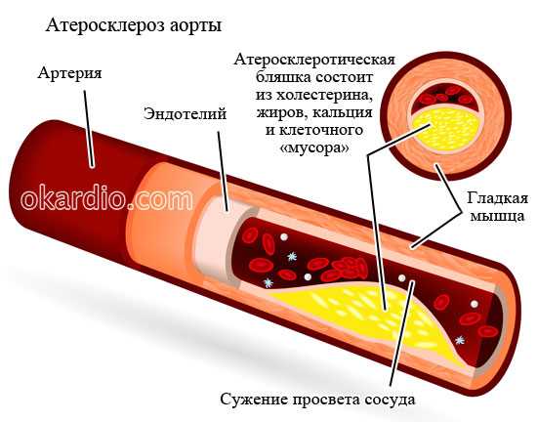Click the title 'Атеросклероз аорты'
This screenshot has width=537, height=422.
[x=134, y=26]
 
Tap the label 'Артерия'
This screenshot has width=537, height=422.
[x=70, y=73]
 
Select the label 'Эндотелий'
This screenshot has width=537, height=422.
[x=185, y=113]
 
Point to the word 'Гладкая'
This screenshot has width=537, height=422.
[x=497, y=199]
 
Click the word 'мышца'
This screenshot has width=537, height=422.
[x=497, y=217]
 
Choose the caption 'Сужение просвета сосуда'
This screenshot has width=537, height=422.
[x=317, y=400]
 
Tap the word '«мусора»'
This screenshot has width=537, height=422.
[x=315, y=148]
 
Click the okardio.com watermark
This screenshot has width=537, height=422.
[x=106, y=198]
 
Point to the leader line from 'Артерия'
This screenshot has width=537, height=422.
[x=88, y=129]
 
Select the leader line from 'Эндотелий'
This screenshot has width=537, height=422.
[x=223, y=170]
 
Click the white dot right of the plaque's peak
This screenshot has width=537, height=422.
[x=401, y=277]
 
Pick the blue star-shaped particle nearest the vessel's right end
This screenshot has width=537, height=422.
[x=460, y=340]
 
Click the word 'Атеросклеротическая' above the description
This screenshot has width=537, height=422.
[x=314, y=60]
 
